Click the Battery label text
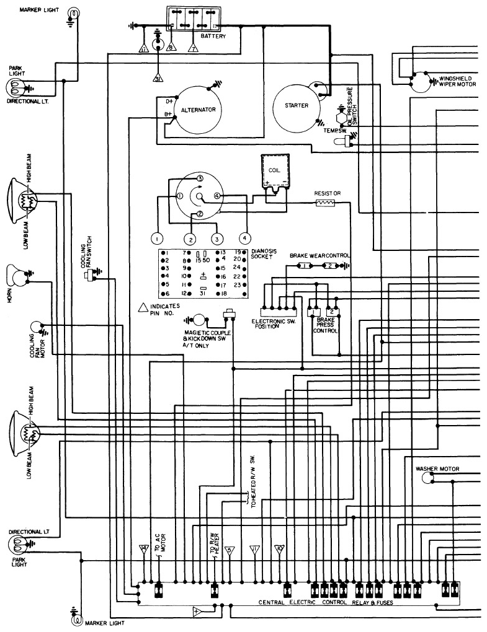[x=213, y=37]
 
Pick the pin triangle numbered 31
[x=158, y=78]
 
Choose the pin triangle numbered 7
[x=194, y=48]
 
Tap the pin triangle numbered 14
[x=144, y=549]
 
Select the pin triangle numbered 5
[x=230, y=550]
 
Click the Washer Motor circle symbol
[x=427, y=478]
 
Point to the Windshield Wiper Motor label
[x=457, y=81]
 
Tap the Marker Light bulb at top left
[x=73, y=13]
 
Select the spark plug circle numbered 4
[x=244, y=238]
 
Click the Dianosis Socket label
[x=264, y=253]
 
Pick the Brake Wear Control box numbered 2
[x=330, y=266]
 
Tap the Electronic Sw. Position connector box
[x=279, y=312]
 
